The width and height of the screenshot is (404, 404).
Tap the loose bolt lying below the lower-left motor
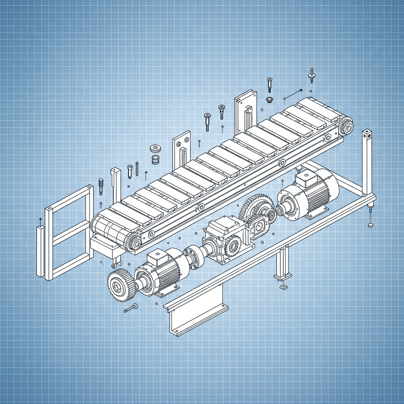pos(131,308)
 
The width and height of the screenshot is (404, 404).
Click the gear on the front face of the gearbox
pos(232,246)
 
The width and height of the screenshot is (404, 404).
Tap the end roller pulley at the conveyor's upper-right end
pos(347,127)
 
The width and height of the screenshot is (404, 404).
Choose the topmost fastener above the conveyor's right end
pos(312,75)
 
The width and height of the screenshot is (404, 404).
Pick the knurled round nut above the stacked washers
pos(155,149)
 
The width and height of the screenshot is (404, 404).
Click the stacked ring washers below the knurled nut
pos(155,159)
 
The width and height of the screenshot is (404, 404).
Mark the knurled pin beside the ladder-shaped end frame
pos(101,187)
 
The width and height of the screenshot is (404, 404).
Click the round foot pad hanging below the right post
pos(371,225)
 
